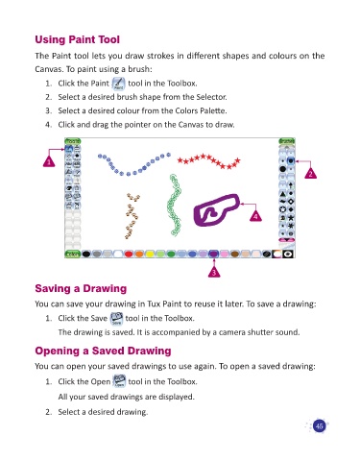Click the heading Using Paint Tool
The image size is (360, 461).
coord(77,39)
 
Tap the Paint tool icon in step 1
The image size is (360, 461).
coord(118,84)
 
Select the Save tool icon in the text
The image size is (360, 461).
coord(116,319)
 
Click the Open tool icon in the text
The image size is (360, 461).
coord(119,381)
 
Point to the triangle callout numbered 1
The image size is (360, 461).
coord(49,161)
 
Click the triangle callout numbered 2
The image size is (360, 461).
coord(310,173)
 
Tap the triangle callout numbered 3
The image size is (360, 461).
coord(214,272)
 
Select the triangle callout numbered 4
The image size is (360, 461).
coord(255,216)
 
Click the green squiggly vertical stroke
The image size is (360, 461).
coord(175,205)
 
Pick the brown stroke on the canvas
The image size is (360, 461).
coord(132,216)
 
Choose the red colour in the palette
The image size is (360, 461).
coord(129,255)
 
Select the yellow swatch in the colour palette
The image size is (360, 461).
coord(150,255)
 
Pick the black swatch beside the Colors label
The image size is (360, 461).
coord(86,255)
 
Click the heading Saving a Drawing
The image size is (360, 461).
coord(81,288)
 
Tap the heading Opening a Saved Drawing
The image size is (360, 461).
coord(103,351)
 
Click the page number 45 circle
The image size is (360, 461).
coord(319,426)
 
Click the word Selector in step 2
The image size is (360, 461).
coord(211,97)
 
